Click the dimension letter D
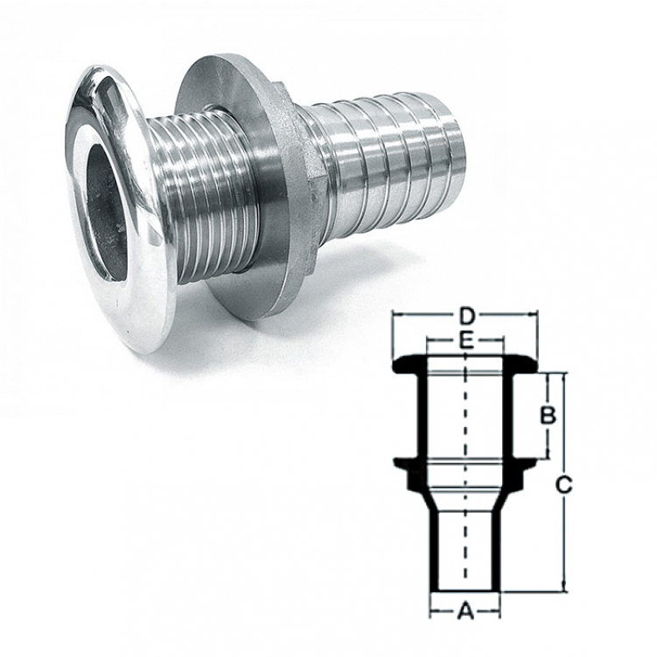465,318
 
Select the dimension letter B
548,416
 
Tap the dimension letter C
563,486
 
